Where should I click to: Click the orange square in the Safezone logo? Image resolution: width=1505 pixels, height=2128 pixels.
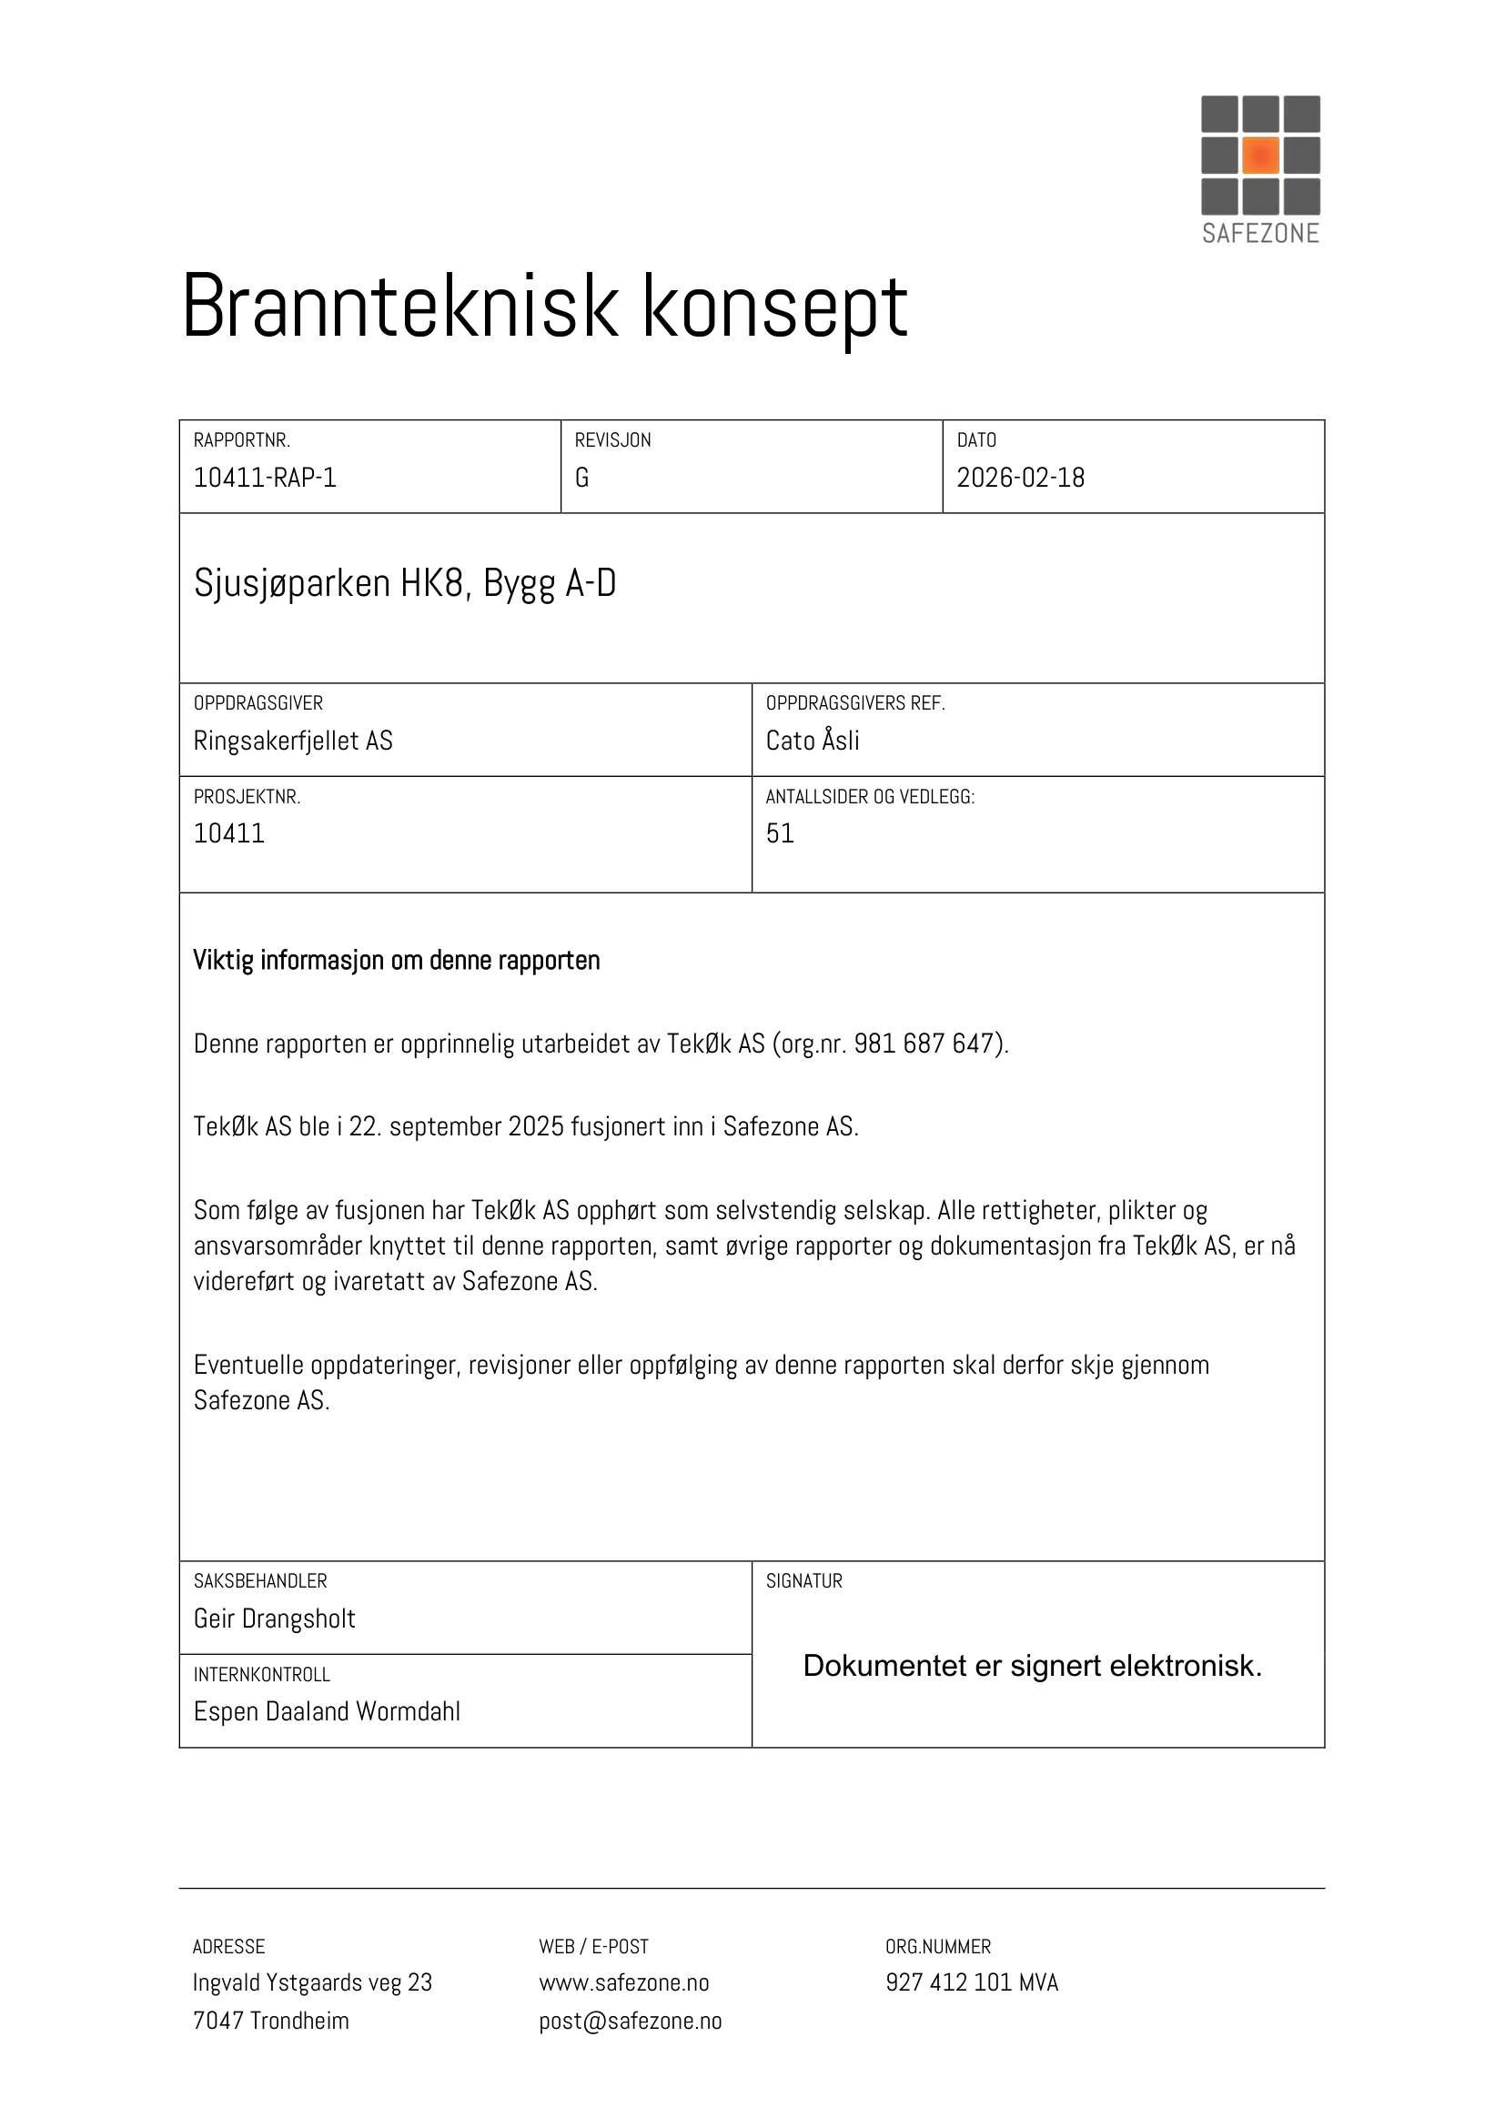click(1260, 155)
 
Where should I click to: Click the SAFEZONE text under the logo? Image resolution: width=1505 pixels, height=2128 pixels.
click(1260, 233)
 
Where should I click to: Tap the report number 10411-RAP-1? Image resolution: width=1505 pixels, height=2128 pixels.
click(265, 478)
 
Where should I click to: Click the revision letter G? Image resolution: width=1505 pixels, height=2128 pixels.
click(582, 478)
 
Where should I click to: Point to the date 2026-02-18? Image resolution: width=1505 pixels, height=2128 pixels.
click(1020, 478)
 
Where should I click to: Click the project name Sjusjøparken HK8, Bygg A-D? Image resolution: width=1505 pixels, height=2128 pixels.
click(405, 583)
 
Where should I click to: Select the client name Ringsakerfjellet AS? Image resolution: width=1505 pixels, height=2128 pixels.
click(293, 741)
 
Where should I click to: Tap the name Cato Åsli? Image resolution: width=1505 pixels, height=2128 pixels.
click(813, 741)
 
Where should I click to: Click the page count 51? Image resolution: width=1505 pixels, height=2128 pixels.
click(780, 833)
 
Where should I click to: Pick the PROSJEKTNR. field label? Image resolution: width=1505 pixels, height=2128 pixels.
click(247, 797)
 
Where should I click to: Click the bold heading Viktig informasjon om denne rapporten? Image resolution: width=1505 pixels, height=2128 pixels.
click(397, 960)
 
